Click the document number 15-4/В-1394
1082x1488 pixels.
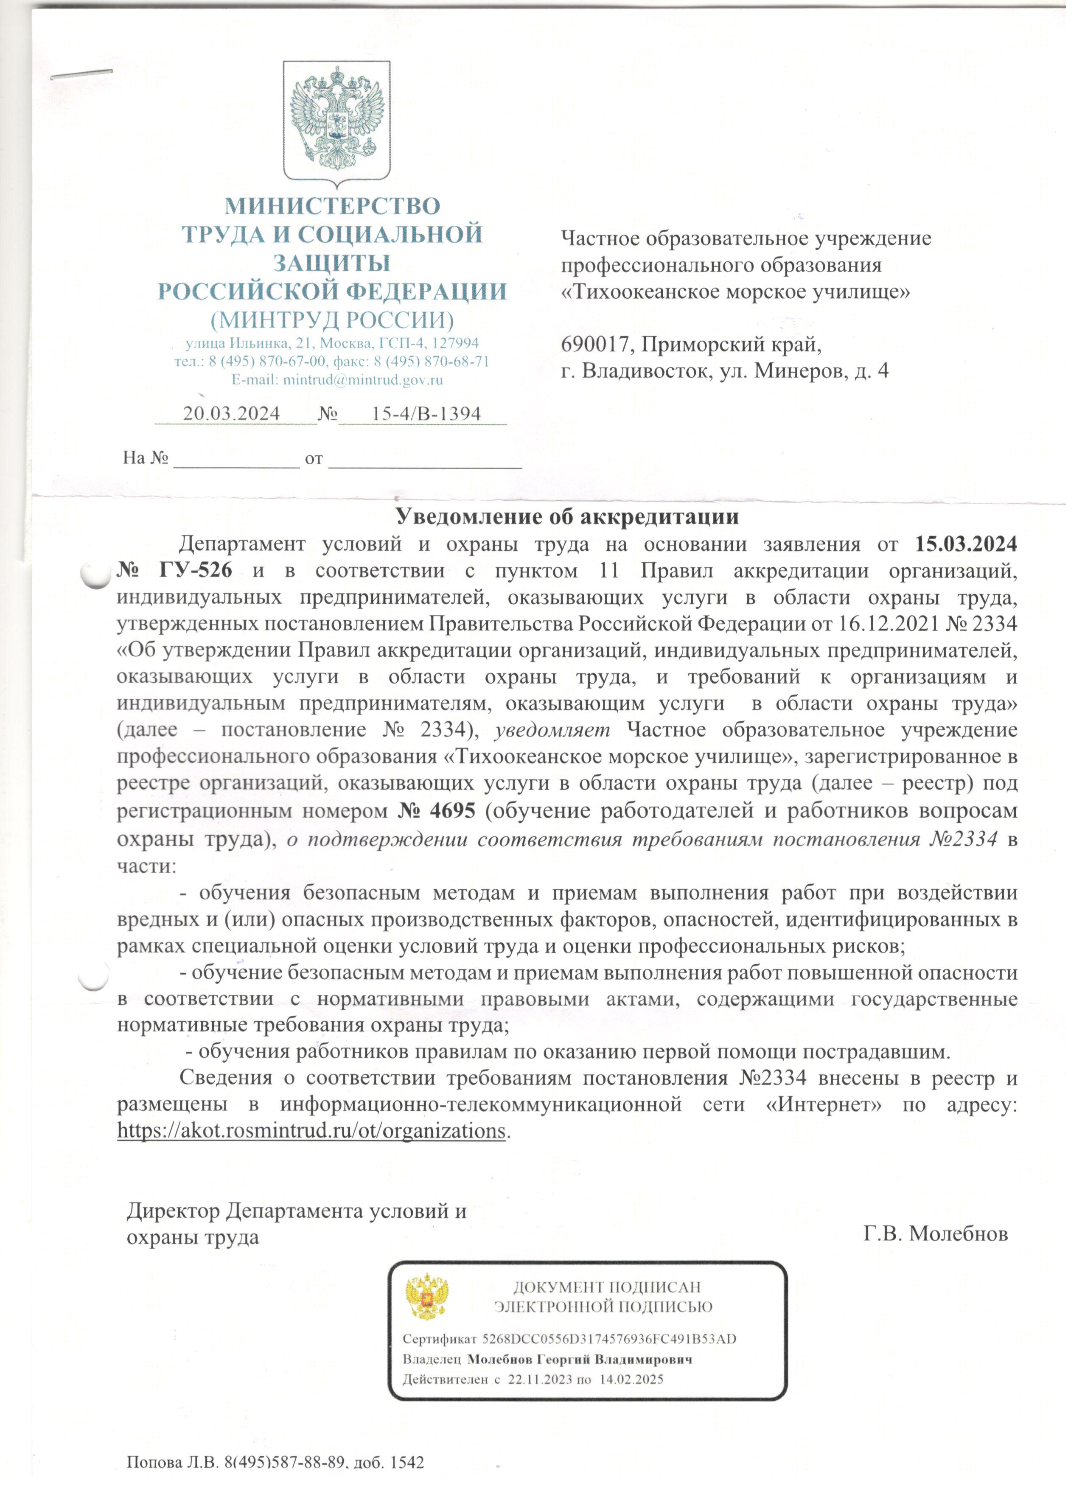tap(426, 413)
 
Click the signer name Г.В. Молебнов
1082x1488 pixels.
tap(935, 1234)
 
